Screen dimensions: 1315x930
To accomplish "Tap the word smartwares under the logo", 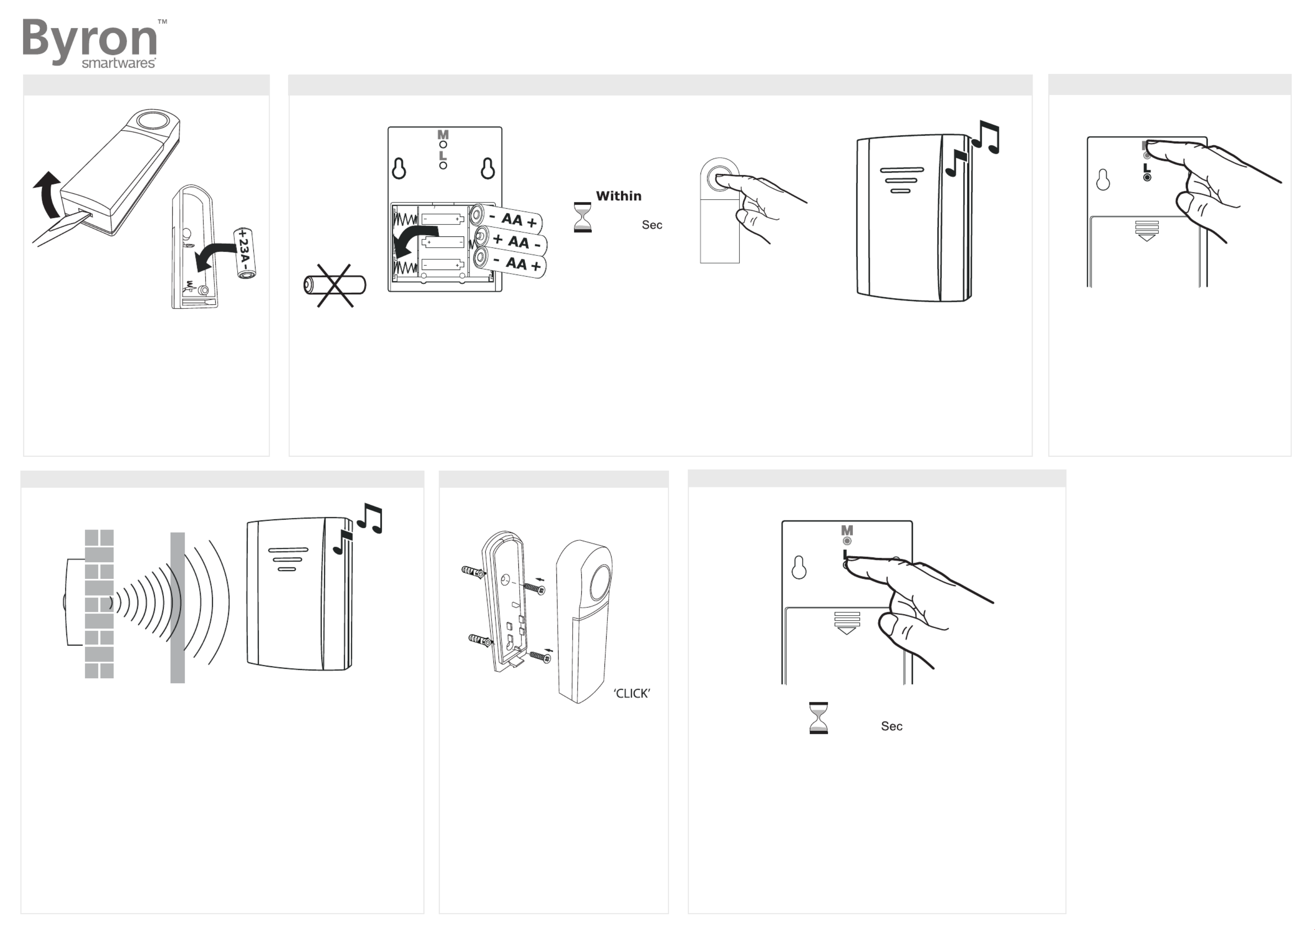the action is tap(118, 63).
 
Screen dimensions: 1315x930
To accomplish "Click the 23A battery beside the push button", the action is tap(245, 253).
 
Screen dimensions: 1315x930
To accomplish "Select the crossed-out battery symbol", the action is tap(335, 285).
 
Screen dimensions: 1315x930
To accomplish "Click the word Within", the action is tap(619, 196).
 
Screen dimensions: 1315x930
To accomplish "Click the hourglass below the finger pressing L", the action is tap(819, 718).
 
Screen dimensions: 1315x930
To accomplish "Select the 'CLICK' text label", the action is tap(632, 694).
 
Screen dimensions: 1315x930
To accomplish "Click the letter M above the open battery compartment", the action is tap(443, 135).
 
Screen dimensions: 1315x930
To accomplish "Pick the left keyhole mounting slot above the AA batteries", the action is tap(399, 169).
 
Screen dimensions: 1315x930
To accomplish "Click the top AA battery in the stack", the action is tap(506, 218).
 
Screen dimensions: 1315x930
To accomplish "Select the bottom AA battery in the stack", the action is tap(510, 263).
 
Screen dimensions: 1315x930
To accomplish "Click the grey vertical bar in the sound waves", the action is tap(178, 607).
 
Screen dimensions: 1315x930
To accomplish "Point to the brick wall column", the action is tap(99, 604).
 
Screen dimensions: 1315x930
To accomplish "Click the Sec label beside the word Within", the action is tap(652, 225).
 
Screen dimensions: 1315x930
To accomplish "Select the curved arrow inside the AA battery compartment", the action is tap(416, 239).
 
